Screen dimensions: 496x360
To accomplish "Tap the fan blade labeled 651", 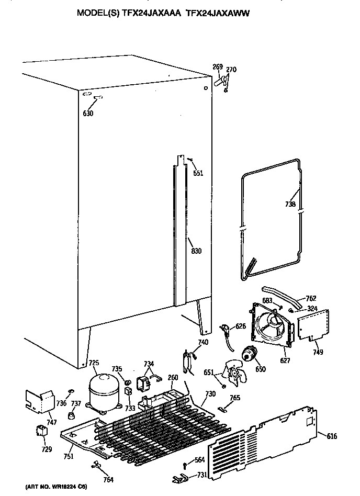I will (x=232, y=372).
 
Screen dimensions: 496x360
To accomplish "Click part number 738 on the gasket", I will (x=290, y=204).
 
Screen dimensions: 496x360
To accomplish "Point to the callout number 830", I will (x=196, y=251).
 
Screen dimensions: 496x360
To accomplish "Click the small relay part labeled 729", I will (x=40, y=431).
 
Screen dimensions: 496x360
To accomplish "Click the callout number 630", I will (x=88, y=114).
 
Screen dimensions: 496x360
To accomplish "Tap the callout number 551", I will (x=198, y=173).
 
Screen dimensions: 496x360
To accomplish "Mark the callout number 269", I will (x=217, y=66).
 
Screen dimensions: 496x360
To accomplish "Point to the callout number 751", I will (x=68, y=456).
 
